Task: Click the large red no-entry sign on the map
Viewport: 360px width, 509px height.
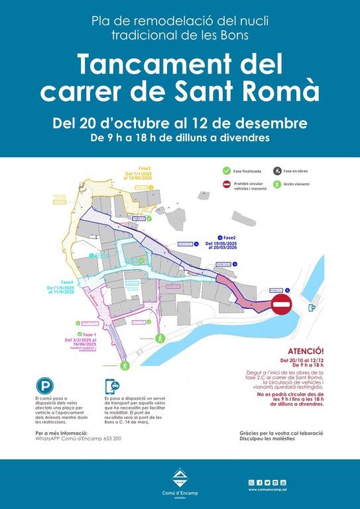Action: click(281, 307)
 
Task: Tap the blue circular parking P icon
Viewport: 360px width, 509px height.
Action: click(45, 386)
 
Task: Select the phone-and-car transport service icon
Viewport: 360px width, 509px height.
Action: click(113, 387)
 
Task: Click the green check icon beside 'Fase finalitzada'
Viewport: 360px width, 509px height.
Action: click(227, 171)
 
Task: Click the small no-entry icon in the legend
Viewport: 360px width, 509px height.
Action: click(227, 185)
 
